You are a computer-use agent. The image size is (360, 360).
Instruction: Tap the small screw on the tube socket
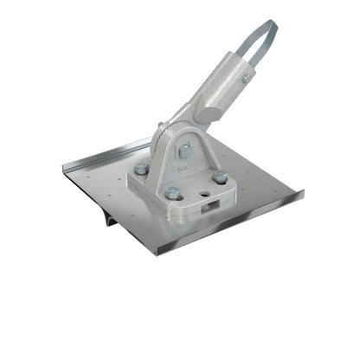(x=247, y=79)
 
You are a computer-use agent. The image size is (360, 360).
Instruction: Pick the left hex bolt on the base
(x=141, y=169)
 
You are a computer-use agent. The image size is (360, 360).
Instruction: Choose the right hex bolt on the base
(x=221, y=177)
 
